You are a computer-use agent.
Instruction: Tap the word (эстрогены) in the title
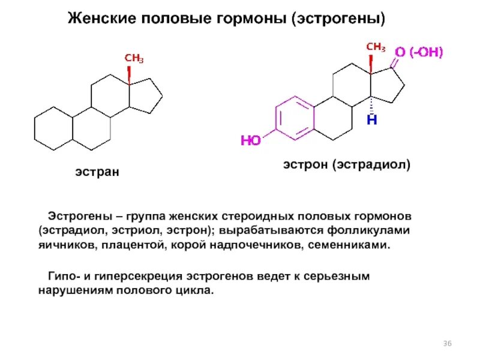(x=339, y=19)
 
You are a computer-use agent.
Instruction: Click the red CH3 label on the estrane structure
(x=134, y=58)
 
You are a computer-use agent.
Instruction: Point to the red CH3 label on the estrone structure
(x=376, y=46)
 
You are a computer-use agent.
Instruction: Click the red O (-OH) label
(x=419, y=53)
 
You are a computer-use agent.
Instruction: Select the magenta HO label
(x=251, y=141)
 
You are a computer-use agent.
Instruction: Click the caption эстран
(x=97, y=172)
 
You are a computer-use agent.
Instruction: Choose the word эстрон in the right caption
(x=307, y=164)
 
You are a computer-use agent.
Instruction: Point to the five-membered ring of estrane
(x=147, y=95)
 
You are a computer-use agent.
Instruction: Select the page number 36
(x=447, y=343)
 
